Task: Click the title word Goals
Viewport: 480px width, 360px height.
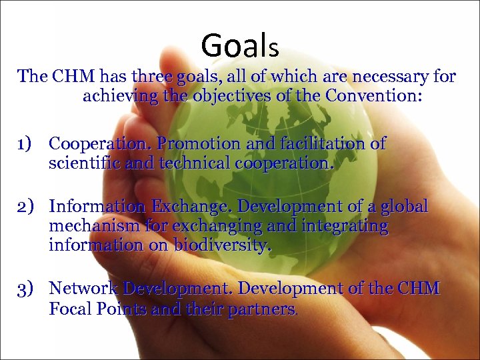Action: tap(239, 45)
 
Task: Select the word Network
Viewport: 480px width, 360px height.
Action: tap(83, 289)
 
